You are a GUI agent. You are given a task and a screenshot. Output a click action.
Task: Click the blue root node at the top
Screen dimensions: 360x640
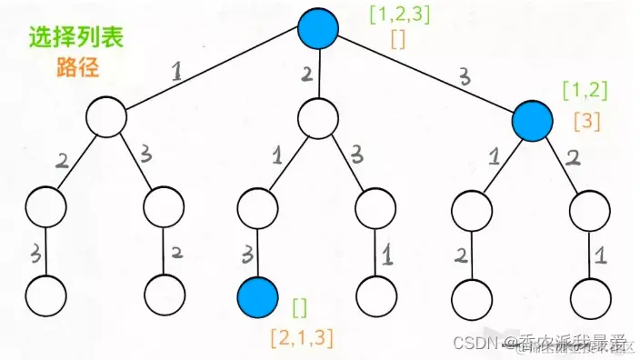(318, 28)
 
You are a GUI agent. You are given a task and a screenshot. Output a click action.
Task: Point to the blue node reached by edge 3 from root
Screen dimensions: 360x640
(532, 119)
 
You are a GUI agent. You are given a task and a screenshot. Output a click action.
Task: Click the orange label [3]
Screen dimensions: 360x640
(585, 119)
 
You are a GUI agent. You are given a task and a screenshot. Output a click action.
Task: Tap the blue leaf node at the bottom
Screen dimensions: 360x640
(257, 295)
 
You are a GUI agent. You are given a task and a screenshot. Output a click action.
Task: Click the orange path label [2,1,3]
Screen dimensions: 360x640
(302, 338)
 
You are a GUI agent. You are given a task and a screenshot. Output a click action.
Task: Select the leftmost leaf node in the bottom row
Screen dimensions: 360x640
(46, 295)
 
